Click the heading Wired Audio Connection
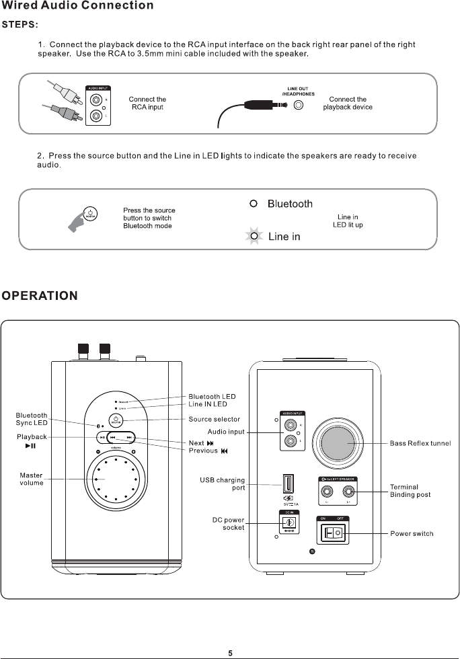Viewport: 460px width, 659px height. [77, 6]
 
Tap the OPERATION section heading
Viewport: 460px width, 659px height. [40, 295]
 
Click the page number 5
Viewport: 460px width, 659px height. [230, 652]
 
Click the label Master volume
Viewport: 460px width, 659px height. [31, 479]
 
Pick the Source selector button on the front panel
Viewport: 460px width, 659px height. [116, 420]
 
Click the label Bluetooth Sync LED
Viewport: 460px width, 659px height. [32, 419]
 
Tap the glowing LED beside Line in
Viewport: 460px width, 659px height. [254, 236]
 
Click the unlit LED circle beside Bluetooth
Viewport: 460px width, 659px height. [254, 204]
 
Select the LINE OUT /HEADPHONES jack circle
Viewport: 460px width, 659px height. [299, 105]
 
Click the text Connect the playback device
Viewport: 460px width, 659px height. [347, 103]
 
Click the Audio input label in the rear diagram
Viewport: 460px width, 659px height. [226, 431]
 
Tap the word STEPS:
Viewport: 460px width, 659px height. [20, 25]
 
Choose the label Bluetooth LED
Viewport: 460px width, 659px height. [212, 396]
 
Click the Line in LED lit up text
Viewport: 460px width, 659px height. [348, 221]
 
